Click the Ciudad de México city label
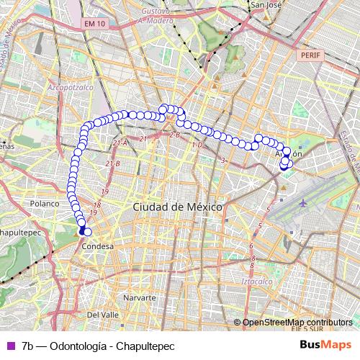point(177,207)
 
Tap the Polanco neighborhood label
point(42,204)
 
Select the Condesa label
point(98,246)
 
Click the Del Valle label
point(102,315)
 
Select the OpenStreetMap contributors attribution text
point(297,323)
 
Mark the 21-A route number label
point(120,143)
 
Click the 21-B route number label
point(113,165)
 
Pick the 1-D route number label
point(198,145)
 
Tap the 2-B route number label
point(174,135)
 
